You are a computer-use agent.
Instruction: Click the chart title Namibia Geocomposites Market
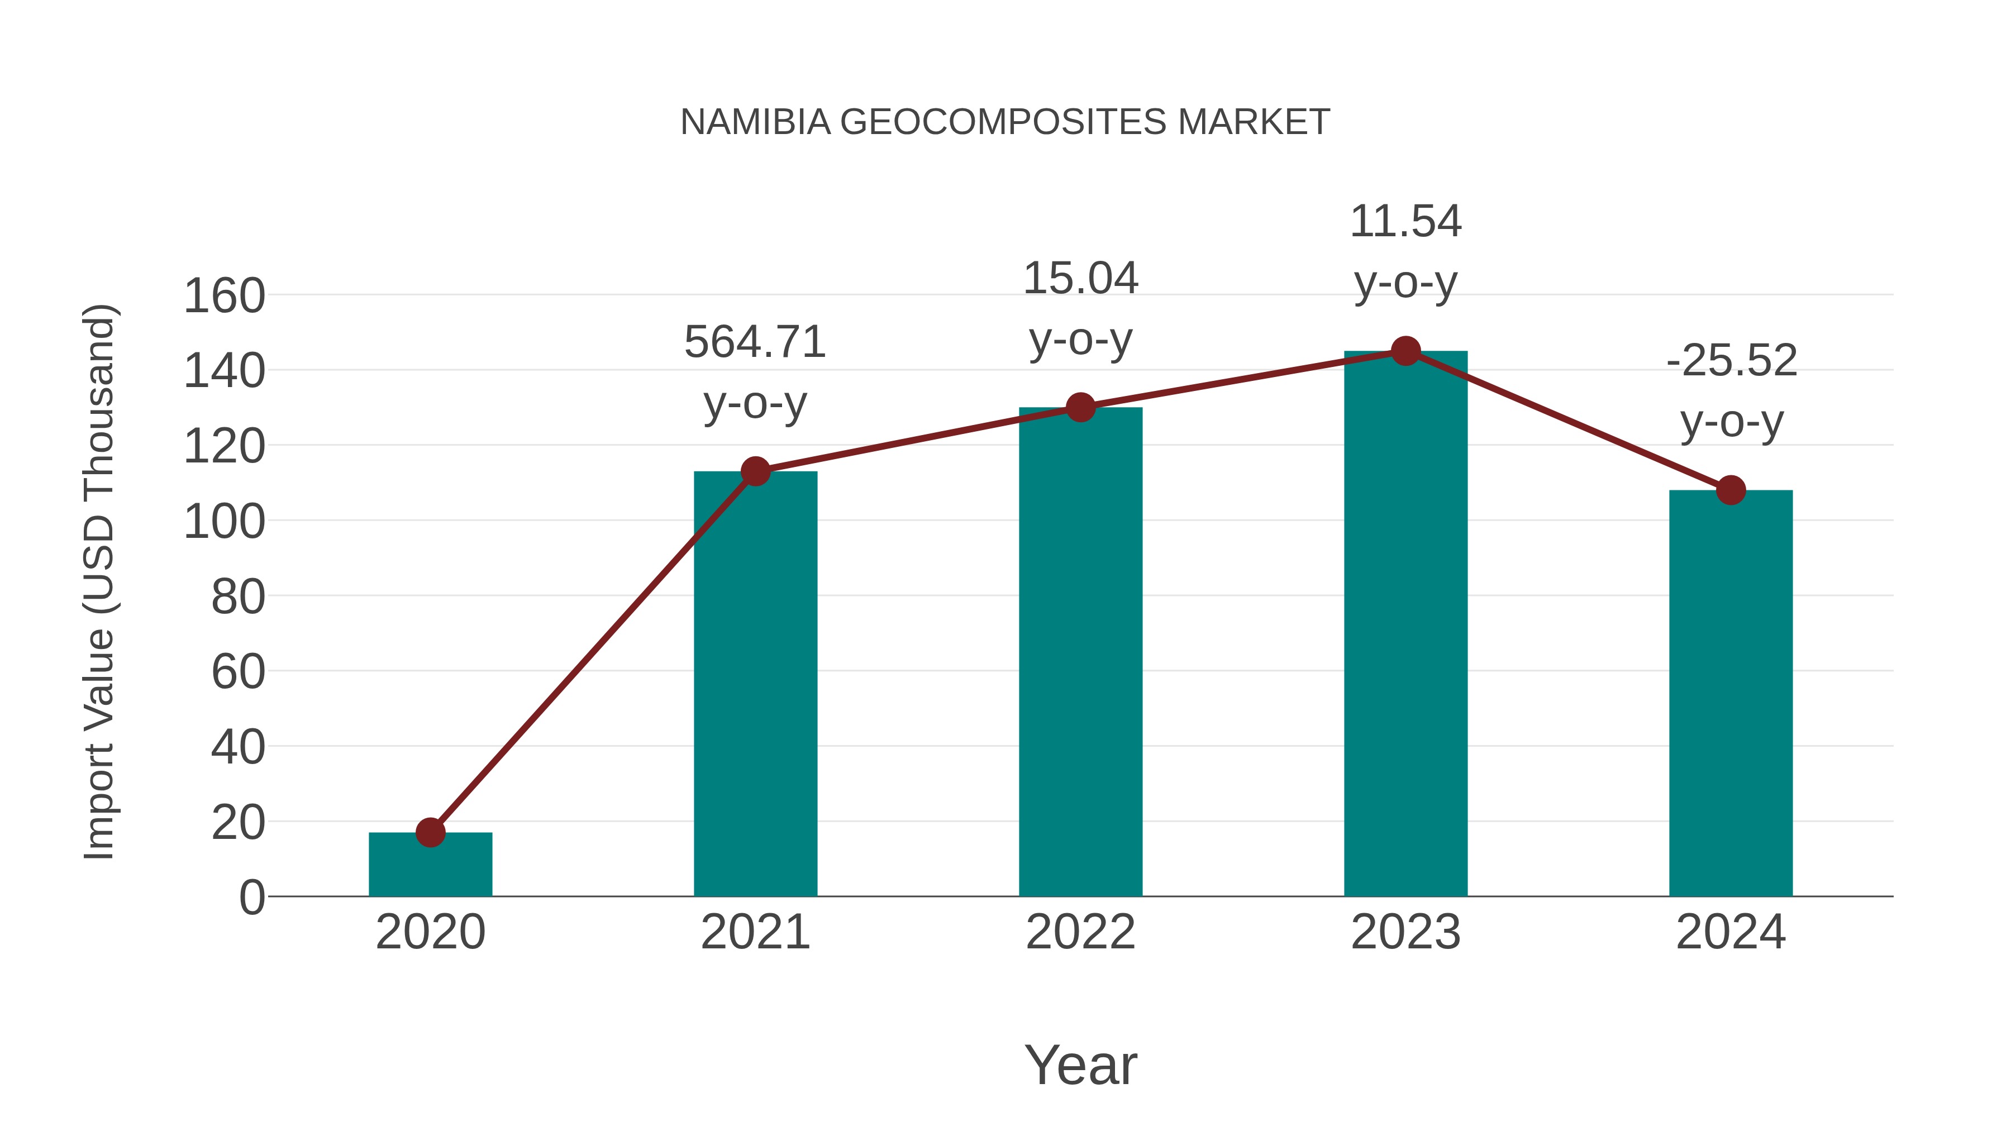tap(1005, 122)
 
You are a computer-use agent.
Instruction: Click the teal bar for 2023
tap(1405, 624)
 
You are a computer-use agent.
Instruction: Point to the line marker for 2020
tap(430, 832)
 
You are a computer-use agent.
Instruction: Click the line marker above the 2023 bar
tap(1405, 351)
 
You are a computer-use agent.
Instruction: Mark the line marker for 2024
tap(1731, 490)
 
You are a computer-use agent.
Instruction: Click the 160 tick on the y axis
tap(224, 297)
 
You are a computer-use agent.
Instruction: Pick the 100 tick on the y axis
tap(224, 522)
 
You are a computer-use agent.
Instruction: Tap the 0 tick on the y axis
tap(251, 897)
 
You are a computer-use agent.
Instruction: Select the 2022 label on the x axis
tap(1080, 932)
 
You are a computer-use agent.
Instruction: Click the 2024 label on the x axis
tap(1731, 932)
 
